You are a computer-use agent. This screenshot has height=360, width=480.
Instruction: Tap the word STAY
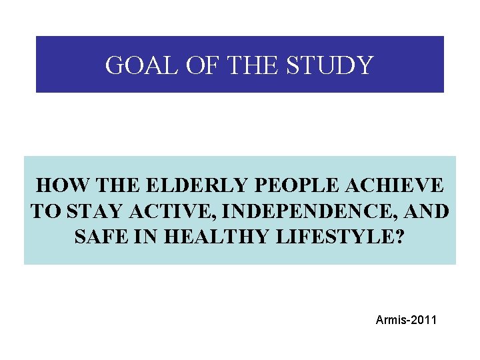click(x=89, y=212)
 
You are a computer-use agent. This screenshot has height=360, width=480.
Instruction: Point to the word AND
click(x=427, y=212)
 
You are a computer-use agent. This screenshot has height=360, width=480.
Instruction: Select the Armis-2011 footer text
click(x=406, y=321)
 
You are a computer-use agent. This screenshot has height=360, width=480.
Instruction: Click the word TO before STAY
click(x=45, y=212)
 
